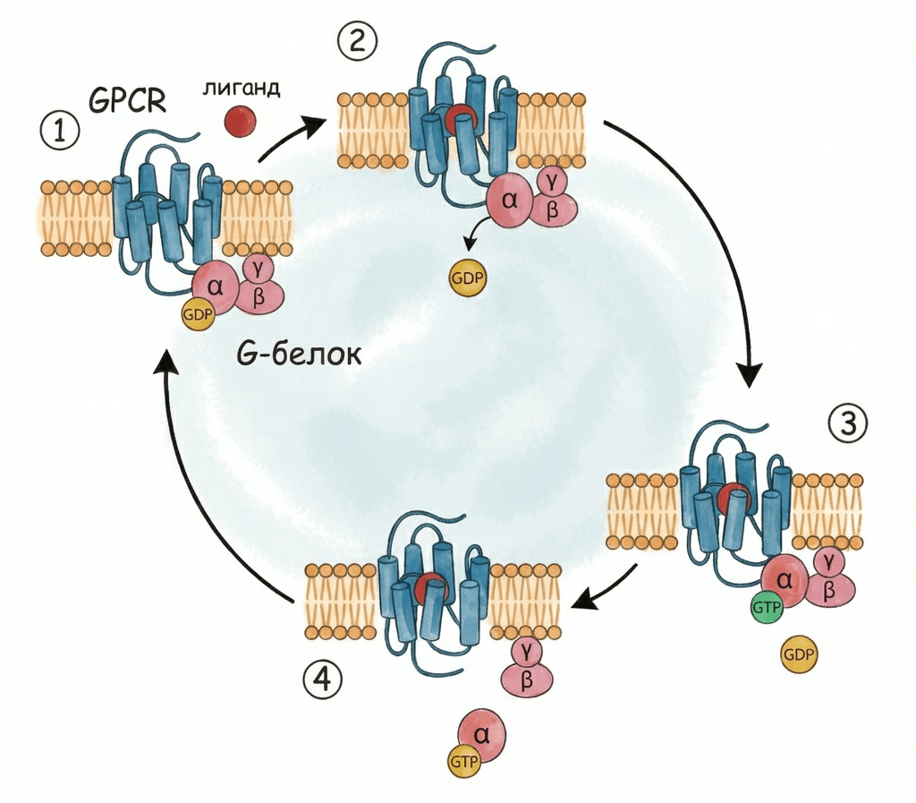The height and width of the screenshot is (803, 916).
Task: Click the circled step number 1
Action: (x=60, y=132)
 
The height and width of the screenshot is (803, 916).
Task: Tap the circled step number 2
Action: (x=358, y=40)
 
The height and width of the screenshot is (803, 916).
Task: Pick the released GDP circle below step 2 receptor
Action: (x=467, y=278)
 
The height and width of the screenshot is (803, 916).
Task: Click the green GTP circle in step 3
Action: (x=766, y=607)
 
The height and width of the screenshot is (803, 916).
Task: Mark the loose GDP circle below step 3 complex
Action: (x=798, y=655)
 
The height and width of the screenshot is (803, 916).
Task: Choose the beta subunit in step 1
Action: (x=259, y=296)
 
